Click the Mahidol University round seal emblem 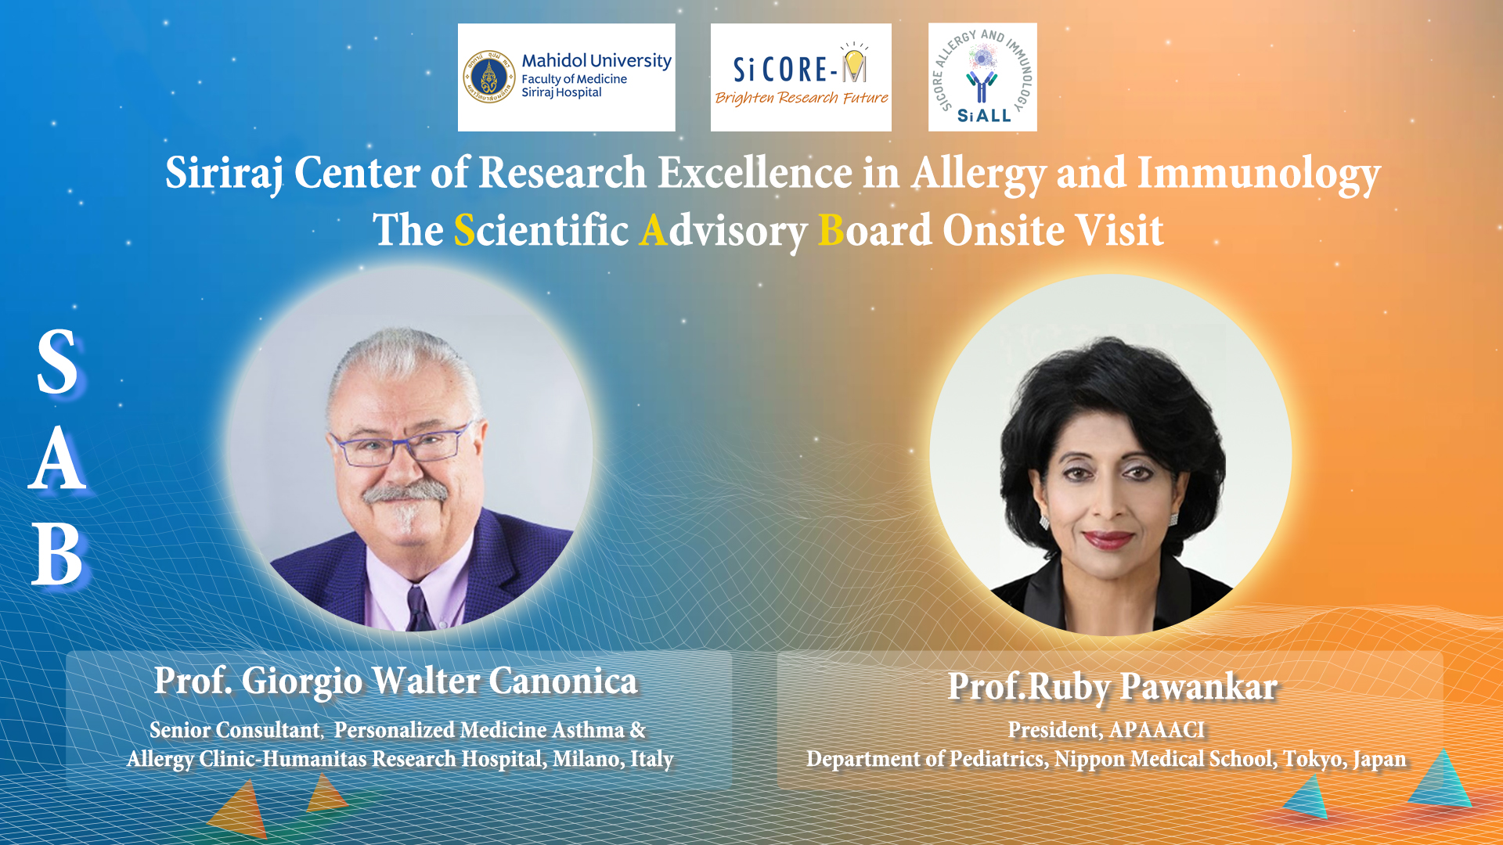[x=489, y=77]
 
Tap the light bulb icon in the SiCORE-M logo [x=854, y=63]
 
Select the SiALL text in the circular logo [x=984, y=116]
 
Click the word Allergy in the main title [x=979, y=174]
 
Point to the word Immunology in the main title [x=1259, y=174]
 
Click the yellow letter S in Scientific [x=464, y=231]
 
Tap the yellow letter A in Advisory [x=654, y=231]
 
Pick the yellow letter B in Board [x=831, y=231]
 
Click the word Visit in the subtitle [x=1119, y=231]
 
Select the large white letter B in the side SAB [x=56, y=555]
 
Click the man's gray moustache [x=405, y=492]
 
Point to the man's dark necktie [x=416, y=609]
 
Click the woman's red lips [x=1108, y=539]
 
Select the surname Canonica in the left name [x=564, y=681]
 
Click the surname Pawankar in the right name [x=1199, y=687]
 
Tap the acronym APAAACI [x=1158, y=730]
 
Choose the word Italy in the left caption [x=651, y=759]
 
